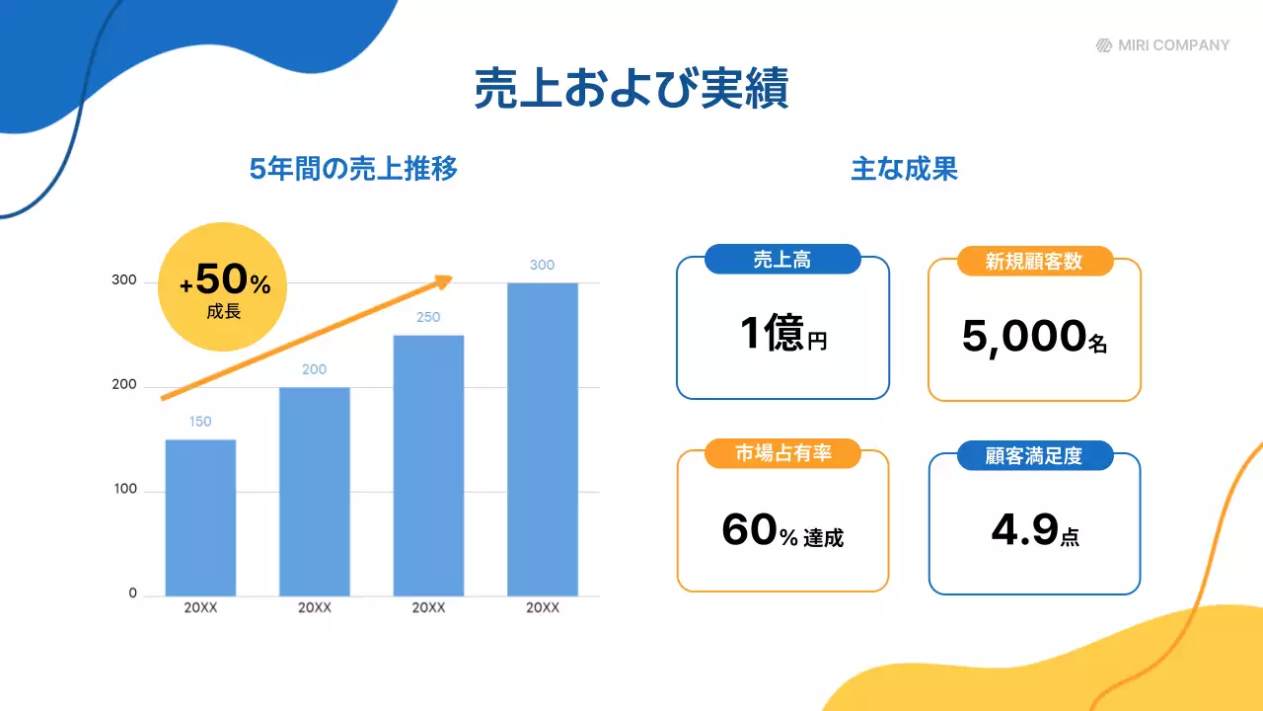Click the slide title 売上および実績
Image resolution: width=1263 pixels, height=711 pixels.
pyautogui.click(x=631, y=89)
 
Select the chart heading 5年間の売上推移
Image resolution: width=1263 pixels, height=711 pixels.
pyautogui.click(x=353, y=169)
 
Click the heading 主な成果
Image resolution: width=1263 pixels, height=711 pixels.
pyautogui.click(x=904, y=169)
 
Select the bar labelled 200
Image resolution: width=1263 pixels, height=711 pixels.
pyautogui.click(x=315, y=491)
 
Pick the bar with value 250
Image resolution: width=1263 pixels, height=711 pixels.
pyautogui.click(x=428, y=465)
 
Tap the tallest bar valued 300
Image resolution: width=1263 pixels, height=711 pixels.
pyautogui.click(x=542, y=439)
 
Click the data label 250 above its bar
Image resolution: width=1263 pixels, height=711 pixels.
pyautogui.click(x=428, y=317)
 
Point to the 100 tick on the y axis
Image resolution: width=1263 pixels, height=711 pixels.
pyautogui.click(x=124, y=491)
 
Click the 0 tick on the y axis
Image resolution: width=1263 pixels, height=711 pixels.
pyautogui.click(x=132, y=594)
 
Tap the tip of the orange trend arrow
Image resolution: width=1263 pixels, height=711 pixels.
pyautogui.click(x=448, y=279)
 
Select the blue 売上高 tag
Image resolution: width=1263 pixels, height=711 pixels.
pyautogui.click(x=782, y=261)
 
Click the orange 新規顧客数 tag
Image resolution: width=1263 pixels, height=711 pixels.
pyautogui.click(x=1034, y=262)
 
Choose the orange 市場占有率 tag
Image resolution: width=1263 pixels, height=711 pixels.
pyautogui.click(x=782, y=454)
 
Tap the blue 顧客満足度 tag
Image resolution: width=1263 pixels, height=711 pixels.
pyautogui.click(x=1034, y=456)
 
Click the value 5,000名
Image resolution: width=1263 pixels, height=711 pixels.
pyautogui.click(x=1034, y=338)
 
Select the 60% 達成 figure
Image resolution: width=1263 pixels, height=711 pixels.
pyautogui.click(x=782, y=531)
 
